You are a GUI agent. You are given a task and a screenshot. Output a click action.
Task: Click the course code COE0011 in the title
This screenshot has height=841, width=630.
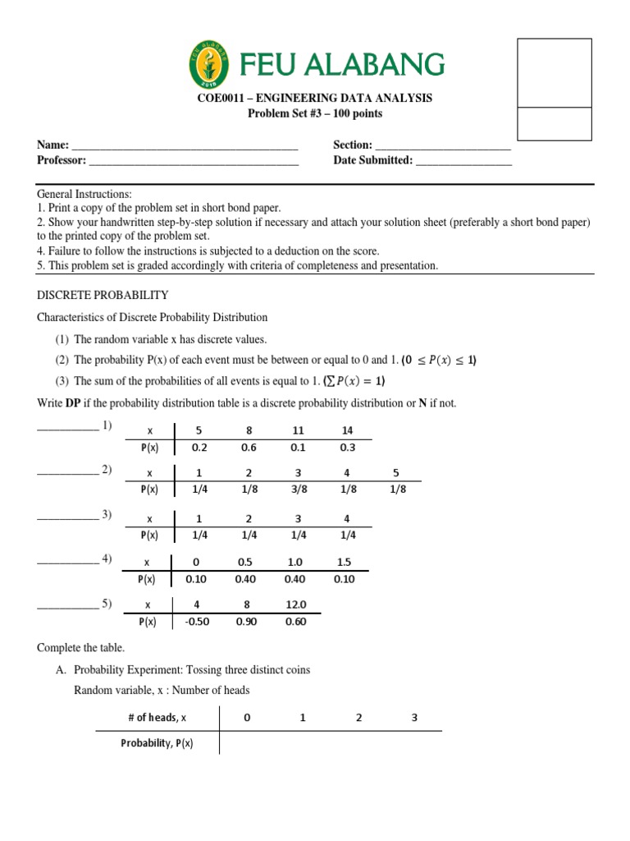[222, 99]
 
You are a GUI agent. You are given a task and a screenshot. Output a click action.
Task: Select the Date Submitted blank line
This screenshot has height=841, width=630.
[463, 162]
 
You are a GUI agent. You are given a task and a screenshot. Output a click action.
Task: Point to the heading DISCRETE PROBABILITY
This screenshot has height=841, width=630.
[103, 295]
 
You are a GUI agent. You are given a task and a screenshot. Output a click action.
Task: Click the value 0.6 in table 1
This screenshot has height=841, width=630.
[248, 448]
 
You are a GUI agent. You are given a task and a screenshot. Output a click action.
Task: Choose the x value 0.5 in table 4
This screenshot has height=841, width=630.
[244, 563]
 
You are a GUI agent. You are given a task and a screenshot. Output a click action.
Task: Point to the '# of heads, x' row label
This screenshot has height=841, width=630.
[157, 717]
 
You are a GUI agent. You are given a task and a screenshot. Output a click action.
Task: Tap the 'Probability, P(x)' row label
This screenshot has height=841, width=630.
[157, 743]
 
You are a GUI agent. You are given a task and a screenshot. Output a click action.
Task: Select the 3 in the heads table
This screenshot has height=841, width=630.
[414, 717]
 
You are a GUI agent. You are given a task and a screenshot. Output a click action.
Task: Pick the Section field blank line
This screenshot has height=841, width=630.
[443, 146]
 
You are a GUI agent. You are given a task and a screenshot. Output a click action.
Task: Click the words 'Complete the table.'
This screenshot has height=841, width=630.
[80, 648]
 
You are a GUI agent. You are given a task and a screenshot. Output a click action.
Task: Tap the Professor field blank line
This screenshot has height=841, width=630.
[194, 162]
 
